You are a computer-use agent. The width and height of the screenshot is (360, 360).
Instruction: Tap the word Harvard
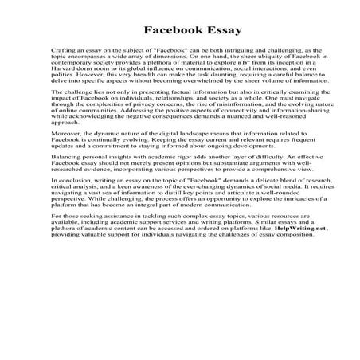(x=64, y=76)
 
